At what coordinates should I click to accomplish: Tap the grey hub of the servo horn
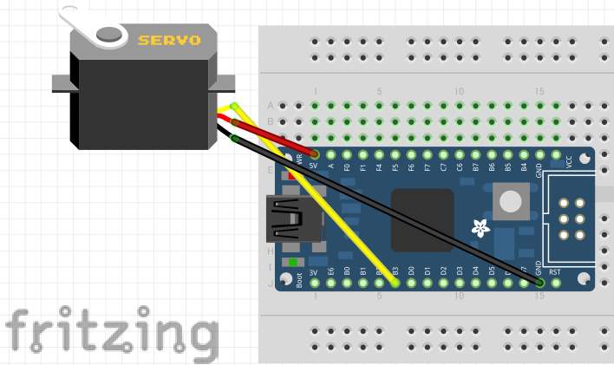click(x=109, y=34)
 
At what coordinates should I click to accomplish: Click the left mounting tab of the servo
click(x=60, y=83)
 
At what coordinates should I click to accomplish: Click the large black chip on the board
click(x=422, y=220)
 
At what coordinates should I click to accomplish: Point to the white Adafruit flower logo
click(x=479, y=229)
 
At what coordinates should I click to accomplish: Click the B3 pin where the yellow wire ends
click(x=395, y=282)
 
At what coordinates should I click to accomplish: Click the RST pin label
click(x=556, y=270)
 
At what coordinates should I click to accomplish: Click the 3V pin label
click(x=315, y=270)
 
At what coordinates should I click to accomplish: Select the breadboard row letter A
click(x=271, y=105)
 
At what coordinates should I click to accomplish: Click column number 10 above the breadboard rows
click(x=459, y=91)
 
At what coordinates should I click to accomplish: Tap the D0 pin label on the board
click(x=411, y=270)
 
